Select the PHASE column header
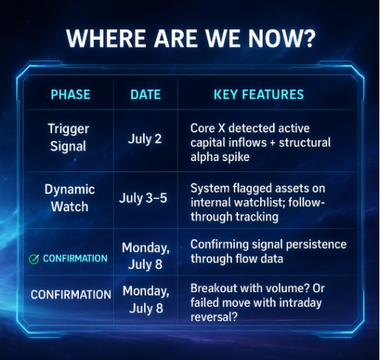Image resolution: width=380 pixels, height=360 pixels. point(71,94)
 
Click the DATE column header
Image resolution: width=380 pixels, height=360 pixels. point(145,94)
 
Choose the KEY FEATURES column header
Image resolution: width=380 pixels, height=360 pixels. point(259,94)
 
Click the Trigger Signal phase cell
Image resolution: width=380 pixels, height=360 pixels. point(69,137)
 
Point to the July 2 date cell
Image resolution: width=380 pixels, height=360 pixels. point(145,139)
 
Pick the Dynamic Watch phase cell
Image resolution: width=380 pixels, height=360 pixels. point(69,198)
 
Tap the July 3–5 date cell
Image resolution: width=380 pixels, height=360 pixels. point(143,198)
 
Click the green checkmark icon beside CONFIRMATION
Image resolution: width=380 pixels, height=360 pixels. point(34,259)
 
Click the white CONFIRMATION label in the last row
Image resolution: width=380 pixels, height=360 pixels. point(71,295)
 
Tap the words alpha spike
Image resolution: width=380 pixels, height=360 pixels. point(219,157)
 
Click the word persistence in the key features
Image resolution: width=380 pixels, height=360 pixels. point(316,245)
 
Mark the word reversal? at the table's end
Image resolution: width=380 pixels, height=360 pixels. point(214,317)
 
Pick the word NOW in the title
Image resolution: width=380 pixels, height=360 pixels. point(275,38)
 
